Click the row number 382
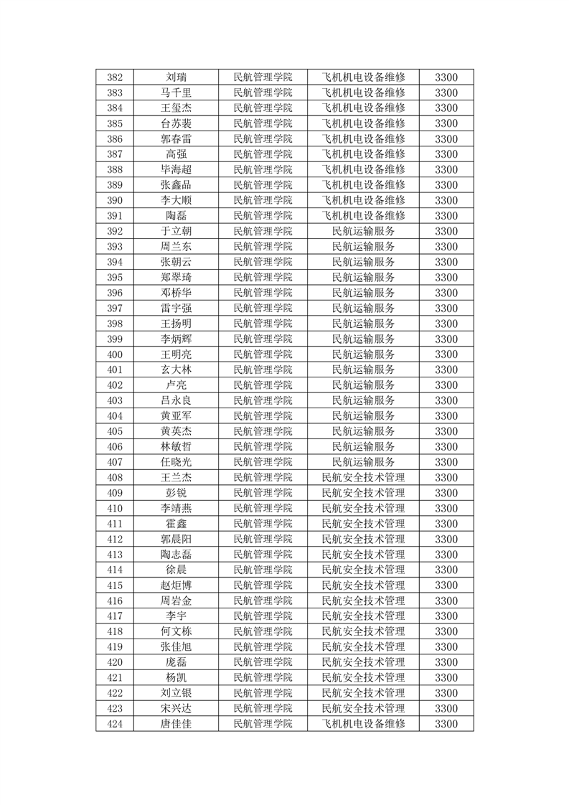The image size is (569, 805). tap(115, 77)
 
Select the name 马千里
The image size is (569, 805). tap(177, 93)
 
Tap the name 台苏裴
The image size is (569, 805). tap(177, 123)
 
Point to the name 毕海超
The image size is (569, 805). tap(177, 169)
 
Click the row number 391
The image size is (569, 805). tap(115, 216)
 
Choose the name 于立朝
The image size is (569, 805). tap(177, 231)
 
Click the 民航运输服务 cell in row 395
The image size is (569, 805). tap(363, 278)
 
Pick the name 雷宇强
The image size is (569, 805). tap(177, 309)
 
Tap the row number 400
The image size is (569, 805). tap(115, 354)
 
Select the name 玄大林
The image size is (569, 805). tap(177, 370)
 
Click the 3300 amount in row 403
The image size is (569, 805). tap(446, 400)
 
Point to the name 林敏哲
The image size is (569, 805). tap(177, 447)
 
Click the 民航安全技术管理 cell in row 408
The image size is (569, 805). tap(363, 478)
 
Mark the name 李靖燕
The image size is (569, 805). tap(177, 509)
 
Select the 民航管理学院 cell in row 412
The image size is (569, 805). tap(263, 540)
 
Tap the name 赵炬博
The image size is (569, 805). tap(177, 585)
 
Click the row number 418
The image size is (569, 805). tap(115, 631)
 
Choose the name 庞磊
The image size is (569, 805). tap(177, 662)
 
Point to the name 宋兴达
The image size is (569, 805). tap(177, 709)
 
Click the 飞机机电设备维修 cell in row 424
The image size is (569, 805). tap(363, 724)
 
